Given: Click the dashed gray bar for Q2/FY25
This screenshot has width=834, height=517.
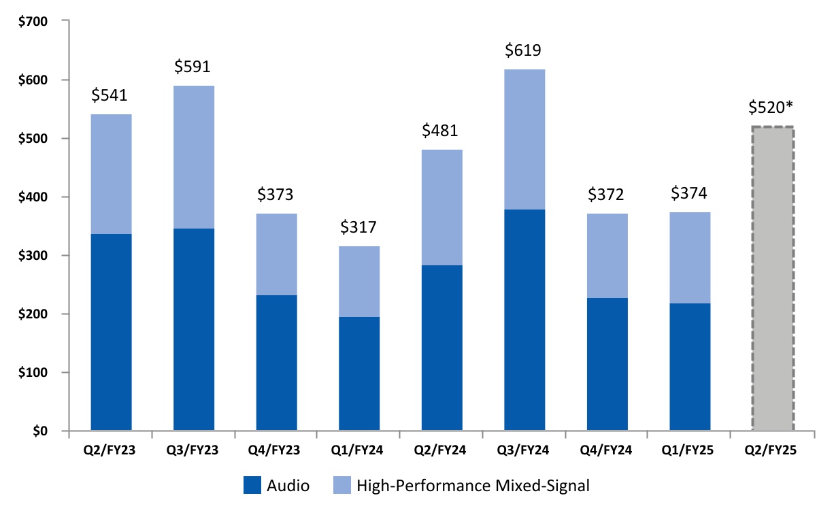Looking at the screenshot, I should tap(773, 279).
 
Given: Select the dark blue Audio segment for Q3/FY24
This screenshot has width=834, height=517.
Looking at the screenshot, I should tap(524, 320).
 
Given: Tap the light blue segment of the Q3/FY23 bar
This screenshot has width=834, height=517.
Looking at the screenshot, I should tap(194, 157).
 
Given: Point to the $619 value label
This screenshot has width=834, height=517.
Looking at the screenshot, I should tap(524, 50).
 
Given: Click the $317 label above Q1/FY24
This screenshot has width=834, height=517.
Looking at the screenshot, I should tap(359, 227).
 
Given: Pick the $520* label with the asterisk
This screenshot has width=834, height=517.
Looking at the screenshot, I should tap(773, 107).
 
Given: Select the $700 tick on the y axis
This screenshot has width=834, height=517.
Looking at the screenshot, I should tap(35, 22).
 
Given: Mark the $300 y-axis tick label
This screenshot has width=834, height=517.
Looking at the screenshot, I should tap(35, 256).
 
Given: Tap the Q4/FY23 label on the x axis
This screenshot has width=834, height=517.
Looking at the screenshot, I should tap(276, 450).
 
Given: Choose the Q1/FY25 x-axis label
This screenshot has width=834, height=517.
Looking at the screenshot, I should tap(690, 450).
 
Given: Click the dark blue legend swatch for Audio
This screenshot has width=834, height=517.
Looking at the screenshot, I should tap(252, 486).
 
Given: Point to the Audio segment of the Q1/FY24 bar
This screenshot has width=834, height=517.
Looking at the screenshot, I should tap(359, 374).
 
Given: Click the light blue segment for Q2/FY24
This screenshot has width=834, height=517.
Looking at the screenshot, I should tap(441, 207).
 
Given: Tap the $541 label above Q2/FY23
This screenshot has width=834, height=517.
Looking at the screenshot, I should tap(111, 95).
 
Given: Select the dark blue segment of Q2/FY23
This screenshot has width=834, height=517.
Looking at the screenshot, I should tap(111, 333).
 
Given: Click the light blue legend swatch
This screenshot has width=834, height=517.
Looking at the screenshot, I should tap(341, 486).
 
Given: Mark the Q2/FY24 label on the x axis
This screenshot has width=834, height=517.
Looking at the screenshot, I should tap(441, 450).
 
